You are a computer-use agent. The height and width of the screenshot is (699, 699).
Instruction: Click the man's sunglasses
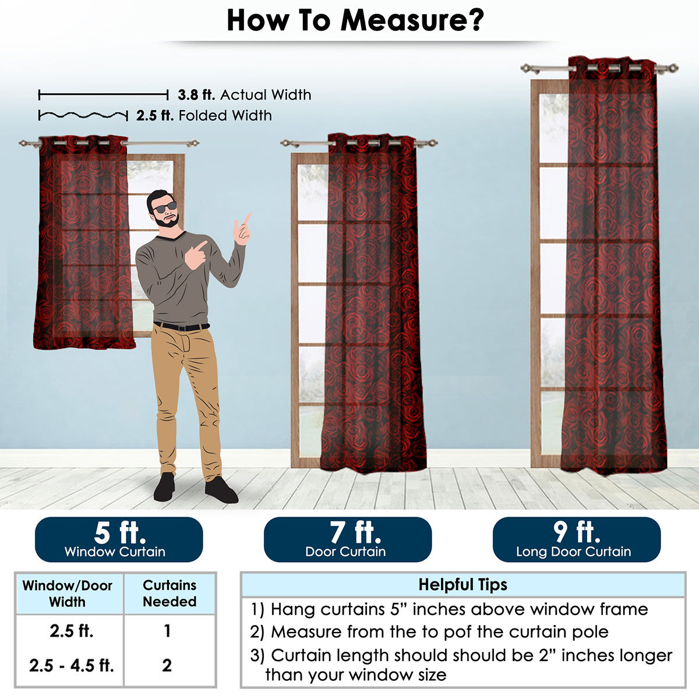[x=165, y=207]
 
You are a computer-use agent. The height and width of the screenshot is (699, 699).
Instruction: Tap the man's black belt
[x=181, y=326]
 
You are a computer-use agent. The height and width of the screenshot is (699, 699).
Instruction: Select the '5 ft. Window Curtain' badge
[x=119, y=539]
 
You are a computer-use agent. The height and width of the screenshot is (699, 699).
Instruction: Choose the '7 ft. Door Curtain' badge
[x=348, y=539]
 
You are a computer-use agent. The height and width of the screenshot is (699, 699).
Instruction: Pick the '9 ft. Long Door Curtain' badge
[x=577, y=539]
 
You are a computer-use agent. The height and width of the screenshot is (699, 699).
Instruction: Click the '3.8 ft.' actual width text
[x=196, y=95]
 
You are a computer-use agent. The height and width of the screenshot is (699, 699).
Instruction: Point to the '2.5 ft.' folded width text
[x=155, y=116]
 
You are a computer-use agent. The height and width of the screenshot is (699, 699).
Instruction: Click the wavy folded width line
[x=83, y=115]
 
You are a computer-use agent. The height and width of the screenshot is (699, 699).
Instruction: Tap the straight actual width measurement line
[x=103, y=95]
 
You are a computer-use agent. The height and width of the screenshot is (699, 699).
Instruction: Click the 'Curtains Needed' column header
[x=170, y=593]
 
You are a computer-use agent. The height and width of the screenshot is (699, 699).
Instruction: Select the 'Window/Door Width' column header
[x=68, y=594]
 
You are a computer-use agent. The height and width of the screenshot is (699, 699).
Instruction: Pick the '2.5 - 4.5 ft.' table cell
[x=72, y=665]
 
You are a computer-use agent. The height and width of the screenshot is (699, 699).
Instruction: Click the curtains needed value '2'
[x=167, y=665]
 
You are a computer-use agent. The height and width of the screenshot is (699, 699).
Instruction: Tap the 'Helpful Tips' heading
[x=463, y=585]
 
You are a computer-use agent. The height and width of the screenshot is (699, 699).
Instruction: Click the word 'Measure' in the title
[x=412, y=20]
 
